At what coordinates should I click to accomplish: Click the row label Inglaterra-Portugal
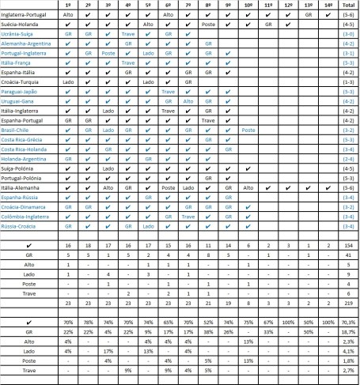click(26, 14)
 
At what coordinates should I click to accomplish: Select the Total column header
click(346, 4)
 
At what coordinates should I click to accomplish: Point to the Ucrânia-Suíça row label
click(21, 34)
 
